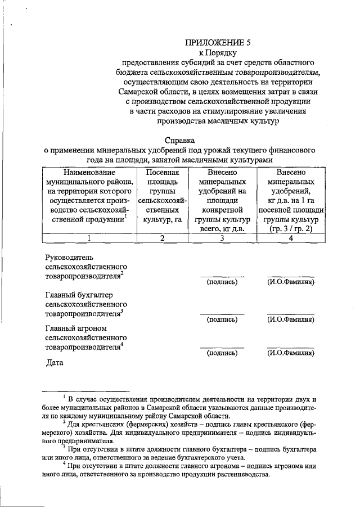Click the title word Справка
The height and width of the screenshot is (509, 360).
(180, 139)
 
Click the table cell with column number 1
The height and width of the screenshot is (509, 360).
(89, 238)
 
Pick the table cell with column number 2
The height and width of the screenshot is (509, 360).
(162, 238)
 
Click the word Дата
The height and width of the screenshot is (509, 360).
(55, 363)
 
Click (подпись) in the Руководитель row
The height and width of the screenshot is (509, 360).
(222, 282)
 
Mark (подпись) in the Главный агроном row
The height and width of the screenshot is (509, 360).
(222, 353)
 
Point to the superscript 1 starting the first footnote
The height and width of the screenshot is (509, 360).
(65, 397)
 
